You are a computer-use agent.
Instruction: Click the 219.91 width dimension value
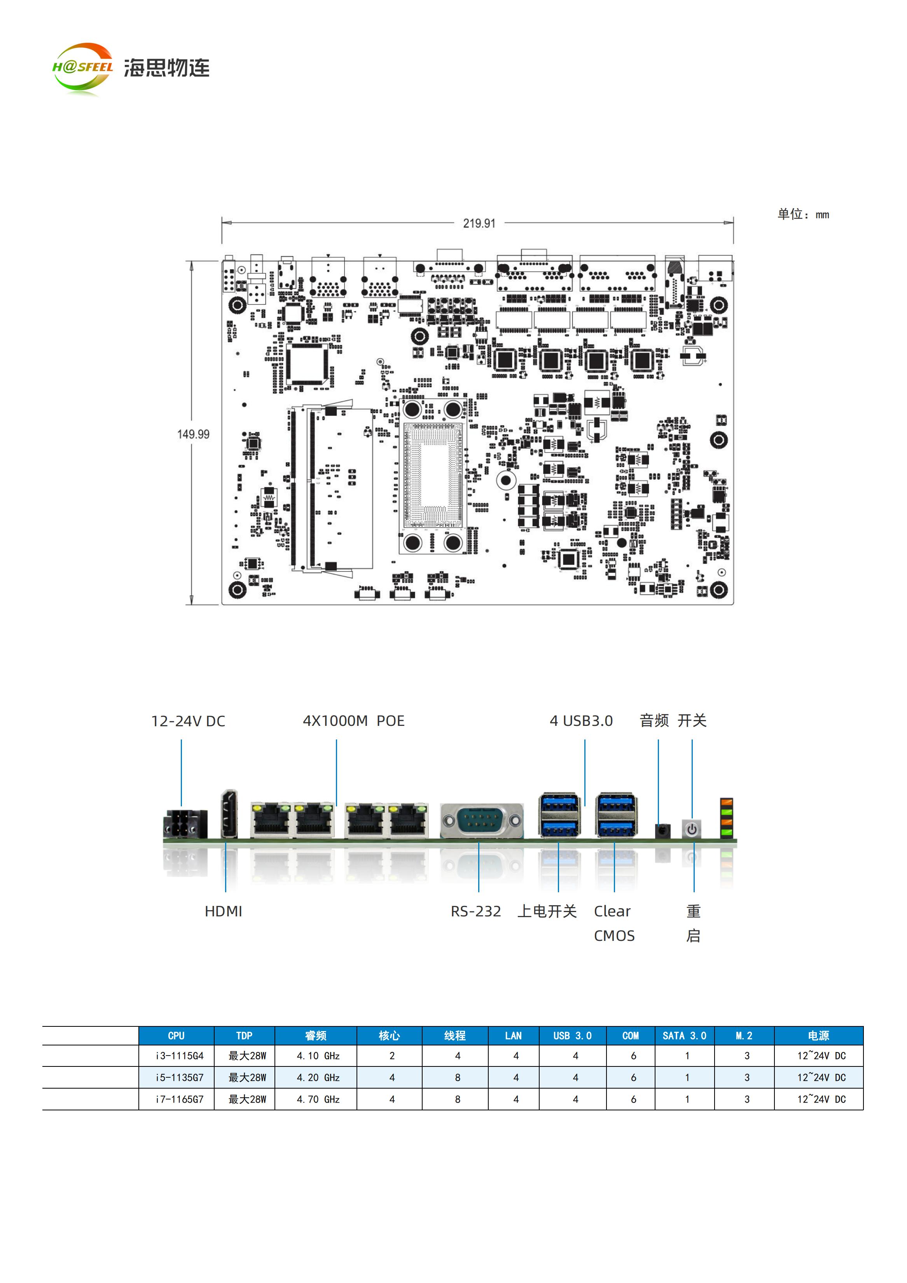[479, 224]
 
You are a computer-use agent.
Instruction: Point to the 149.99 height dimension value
[193, 434]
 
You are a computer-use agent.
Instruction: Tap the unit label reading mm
[822, 215]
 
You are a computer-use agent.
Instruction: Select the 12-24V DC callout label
[188, 721]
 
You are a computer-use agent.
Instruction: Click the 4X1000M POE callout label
[354, 721]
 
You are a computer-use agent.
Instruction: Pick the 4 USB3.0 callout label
[581, 721]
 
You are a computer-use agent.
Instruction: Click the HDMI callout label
[224, 911]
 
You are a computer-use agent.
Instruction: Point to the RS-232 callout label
[476, 911]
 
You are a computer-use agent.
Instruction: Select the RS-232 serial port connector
[482, 820]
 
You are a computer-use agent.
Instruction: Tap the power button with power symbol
[692, 829]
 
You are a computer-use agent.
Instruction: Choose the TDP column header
[244, 1035]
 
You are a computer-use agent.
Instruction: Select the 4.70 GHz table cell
[318, 1099]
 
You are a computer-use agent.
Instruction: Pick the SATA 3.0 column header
[685, 1035]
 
